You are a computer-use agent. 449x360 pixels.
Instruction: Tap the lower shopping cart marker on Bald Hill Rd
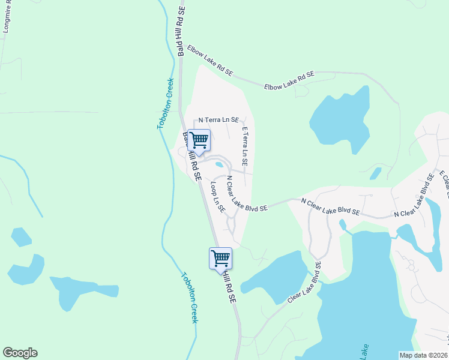(x=220, y=259)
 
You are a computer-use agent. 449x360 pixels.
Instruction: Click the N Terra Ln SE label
(x=215, y=120)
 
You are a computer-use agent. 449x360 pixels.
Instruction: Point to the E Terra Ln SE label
(x=245, y=147)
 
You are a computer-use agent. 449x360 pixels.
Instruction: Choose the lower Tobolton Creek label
(x=190, y=298)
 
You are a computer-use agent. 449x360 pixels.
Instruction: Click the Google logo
(x=20, y=353)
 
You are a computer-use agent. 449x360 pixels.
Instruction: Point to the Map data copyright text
(x=423, y=355)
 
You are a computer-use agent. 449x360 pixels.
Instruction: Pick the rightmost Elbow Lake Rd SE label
(x=289, y=80)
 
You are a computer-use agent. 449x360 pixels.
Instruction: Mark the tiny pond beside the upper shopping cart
(x=220, y=164)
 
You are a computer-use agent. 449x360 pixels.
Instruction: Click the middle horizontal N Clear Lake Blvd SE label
(x=330, y=207)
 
